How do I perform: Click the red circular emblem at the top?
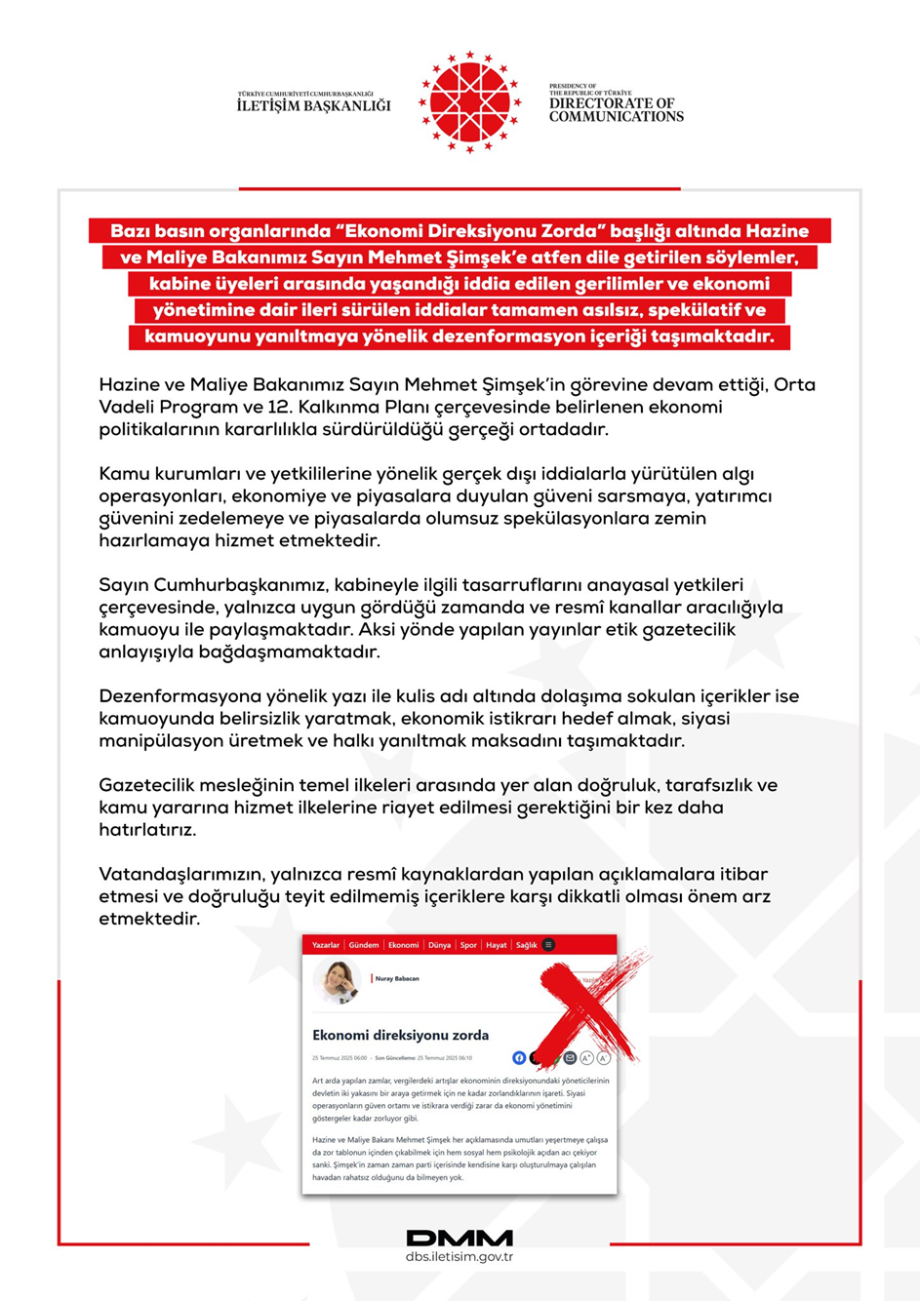469,102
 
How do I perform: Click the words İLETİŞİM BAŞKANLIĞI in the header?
313,105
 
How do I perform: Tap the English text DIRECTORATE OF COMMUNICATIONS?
616,109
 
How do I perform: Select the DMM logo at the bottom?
460,1238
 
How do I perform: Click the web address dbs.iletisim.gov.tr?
460,1257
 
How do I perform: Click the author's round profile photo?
338,981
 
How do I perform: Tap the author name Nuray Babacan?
397,978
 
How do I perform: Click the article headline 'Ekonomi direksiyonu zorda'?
400,1035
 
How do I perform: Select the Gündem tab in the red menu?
364,945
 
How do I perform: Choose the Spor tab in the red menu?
468,945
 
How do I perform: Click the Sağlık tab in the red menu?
526,945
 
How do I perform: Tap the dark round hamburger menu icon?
549,945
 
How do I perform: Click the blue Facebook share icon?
519,1058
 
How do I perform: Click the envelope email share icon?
570,1058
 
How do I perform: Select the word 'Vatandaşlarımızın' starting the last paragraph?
180,874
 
